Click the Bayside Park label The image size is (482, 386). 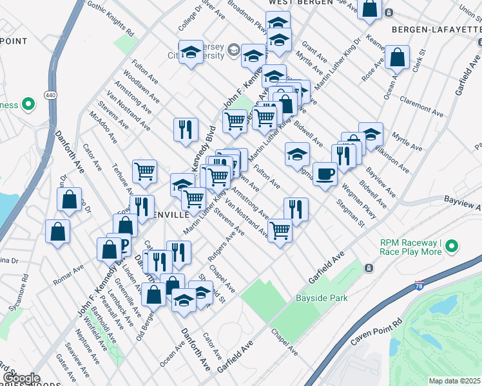[322, 298]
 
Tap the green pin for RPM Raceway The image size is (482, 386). [452, 246]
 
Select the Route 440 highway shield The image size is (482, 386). [50, 95]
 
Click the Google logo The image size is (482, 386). [21, 378]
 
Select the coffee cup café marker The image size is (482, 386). [325, 173]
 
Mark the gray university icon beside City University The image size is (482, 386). [233, 49]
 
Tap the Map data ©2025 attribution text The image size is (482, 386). [455, 381]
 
